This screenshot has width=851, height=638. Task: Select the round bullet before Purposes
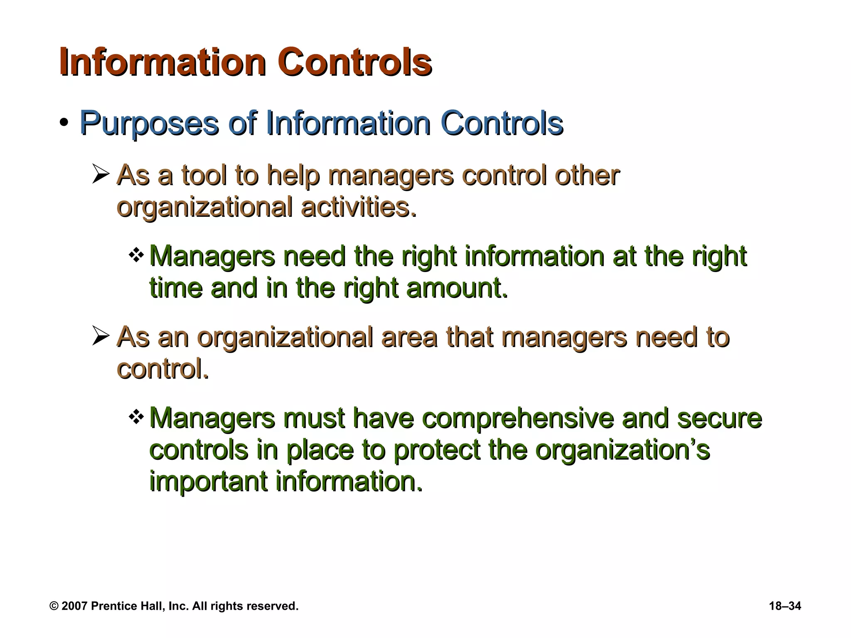(64, 123)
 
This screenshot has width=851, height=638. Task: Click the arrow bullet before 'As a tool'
(101, 174)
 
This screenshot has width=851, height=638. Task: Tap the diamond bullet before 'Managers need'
(136, 255)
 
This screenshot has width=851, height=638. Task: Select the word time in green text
(176, 288)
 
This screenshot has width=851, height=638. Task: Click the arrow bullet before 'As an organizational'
(101, 336)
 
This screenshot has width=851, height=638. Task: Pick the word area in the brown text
(409, 337)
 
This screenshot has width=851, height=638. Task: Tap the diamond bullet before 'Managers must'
(136, 417)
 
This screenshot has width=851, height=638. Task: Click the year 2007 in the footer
(74, 606)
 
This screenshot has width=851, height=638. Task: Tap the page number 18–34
(785, 606)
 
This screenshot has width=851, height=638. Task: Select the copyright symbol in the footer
(54, 606)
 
